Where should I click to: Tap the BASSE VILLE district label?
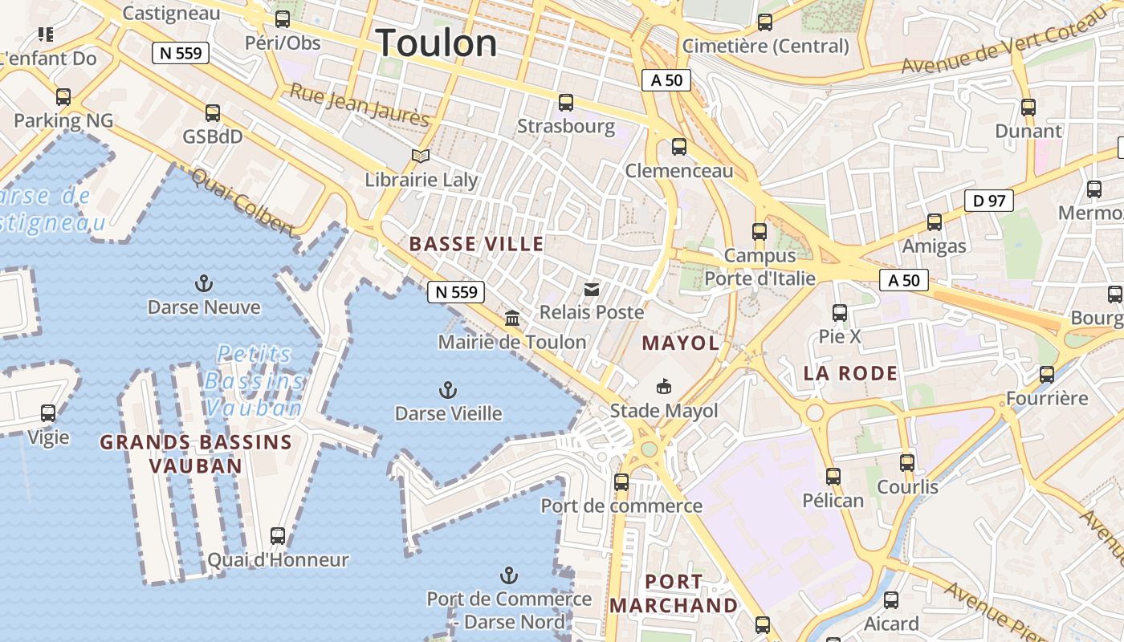tap(476, 244)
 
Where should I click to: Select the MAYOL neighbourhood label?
tap(680, 343)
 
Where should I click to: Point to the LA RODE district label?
tap(850, 373)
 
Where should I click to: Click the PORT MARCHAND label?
tap(674, 593)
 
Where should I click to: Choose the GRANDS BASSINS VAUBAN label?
tap(195, 453)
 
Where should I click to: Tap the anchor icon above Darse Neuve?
tap(204, 283)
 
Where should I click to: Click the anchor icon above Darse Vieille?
tap(448, 390)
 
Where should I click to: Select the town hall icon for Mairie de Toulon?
tap(512, 319)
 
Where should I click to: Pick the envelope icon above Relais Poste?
tap(592, 289)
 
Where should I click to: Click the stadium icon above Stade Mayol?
tap(664, 388)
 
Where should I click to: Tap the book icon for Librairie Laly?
tap(421, 156)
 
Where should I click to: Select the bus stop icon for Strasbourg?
tap(566, 103)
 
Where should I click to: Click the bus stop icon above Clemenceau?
tap(679, 147)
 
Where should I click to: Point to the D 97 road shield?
tap(988, 201)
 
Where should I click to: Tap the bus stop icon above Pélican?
tap(833, 477)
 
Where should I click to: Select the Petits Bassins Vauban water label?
tap(254, 380)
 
